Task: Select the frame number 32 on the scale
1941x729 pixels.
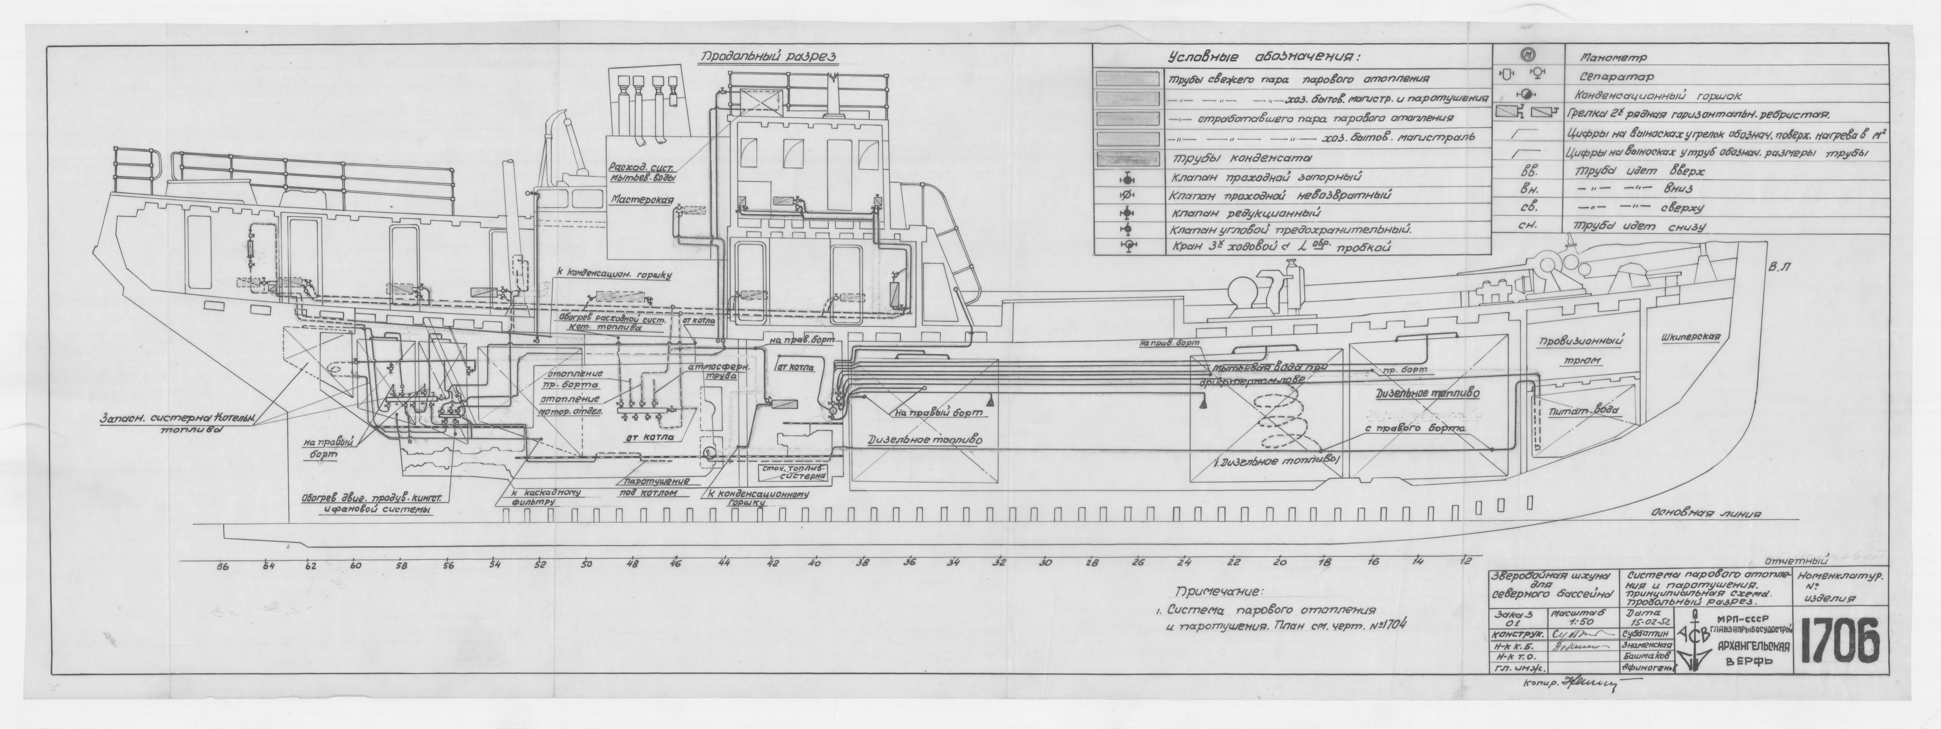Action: tap(999, 562)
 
